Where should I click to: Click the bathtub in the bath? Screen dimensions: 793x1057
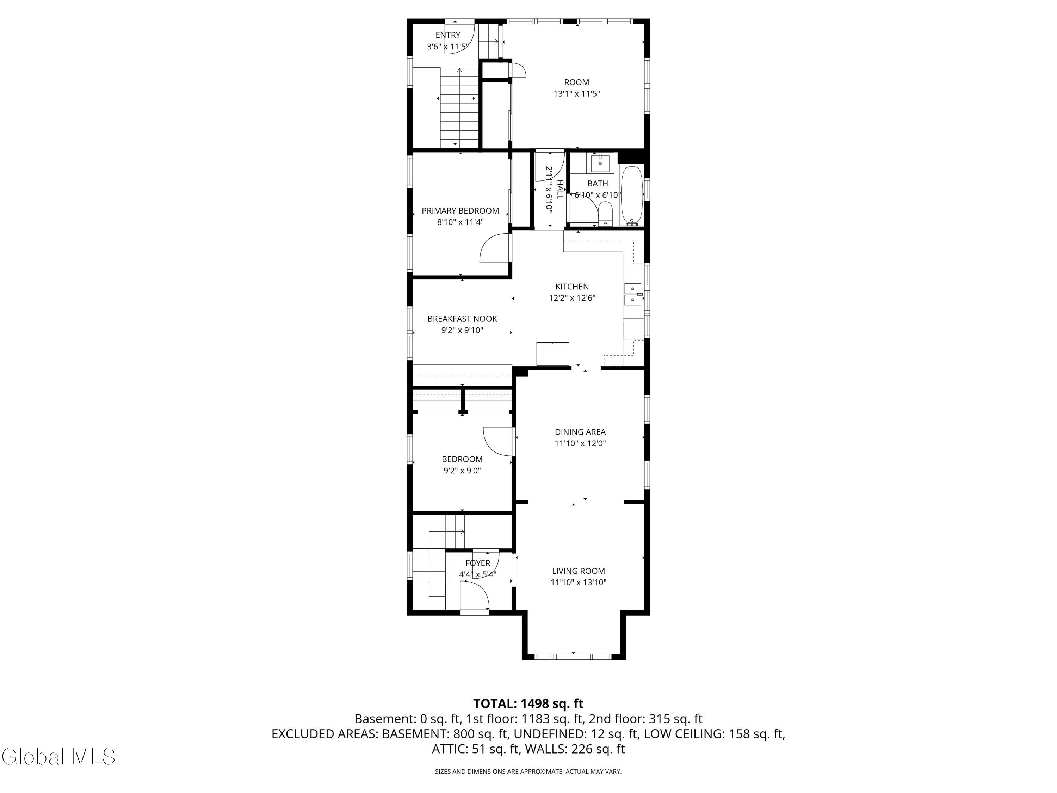[x=632, y=196]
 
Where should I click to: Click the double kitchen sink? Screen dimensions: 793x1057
[x=633, y=294]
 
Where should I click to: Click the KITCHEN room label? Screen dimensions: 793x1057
[x=572, y=286]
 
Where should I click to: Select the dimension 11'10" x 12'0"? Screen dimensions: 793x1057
[x=580, y=443]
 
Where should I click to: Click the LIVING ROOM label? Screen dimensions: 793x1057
[x=578, y=571]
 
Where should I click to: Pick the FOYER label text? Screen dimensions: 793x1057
[x=477, y=563]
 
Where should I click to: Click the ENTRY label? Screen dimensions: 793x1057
[x=448, y=35]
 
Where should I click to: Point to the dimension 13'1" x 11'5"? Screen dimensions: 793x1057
[x=576, y=94]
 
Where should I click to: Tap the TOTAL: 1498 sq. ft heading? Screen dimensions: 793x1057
[x=528, y=703]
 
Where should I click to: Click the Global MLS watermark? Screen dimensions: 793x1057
[x=58, y=757]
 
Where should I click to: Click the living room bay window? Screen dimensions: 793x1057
[x=573, y=657]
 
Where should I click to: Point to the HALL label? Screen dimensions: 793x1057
[x=560, y=190]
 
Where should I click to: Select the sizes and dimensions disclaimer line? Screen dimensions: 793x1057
[x=528, y=772]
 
